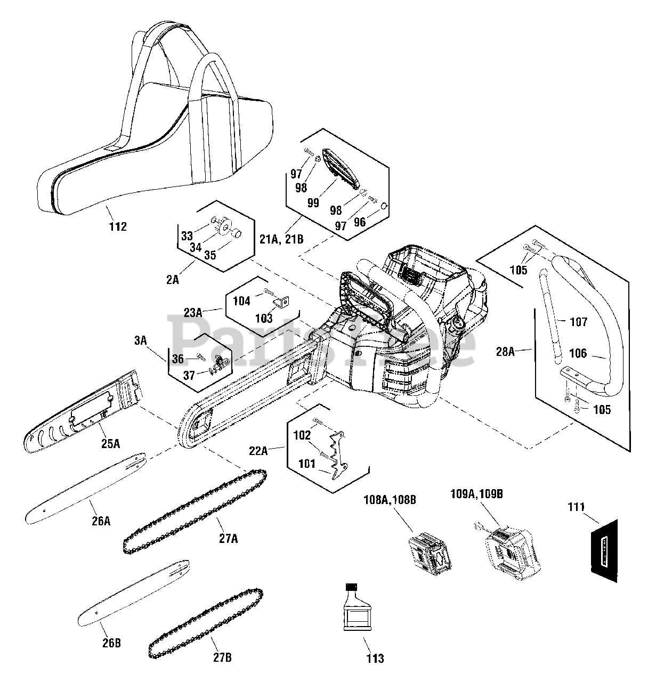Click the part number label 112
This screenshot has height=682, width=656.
coord(118,226)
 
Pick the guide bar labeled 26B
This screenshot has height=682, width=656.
coord(133,595)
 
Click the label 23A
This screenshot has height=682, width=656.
coord(193,313)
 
